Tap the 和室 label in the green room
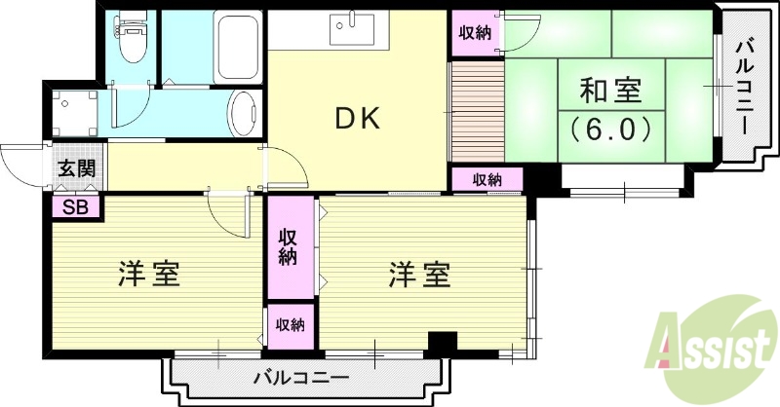(x=609, y=92)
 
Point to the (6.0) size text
(x=609, y=129)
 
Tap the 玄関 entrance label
(x=75, y=167)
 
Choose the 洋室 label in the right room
(x=420, y=275)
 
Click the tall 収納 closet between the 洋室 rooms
(x=289, y=247)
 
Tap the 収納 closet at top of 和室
(x=476, y=32)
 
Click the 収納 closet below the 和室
(x=487, y=179)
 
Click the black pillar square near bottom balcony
(x=443, y=344)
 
